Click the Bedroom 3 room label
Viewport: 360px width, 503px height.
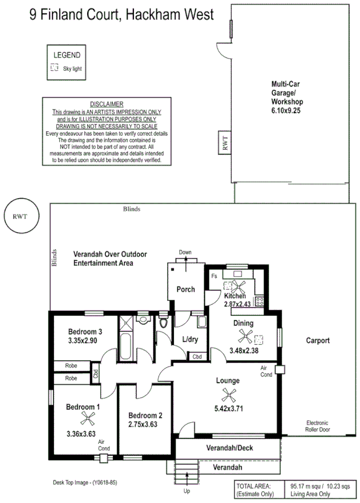[x=85, y=332]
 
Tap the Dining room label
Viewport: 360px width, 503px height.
[x=244, y=323]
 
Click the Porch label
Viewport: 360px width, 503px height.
[x=186, y=289]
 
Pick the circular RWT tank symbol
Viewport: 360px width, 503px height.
[x=19, y=215]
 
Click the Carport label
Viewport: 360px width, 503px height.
[x=318, y=340]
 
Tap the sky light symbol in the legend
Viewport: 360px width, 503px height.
[x=54, y=68]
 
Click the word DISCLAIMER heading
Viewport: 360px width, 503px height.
[x=107, y=104]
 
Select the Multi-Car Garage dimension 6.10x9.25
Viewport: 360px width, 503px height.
[x=286, y=110]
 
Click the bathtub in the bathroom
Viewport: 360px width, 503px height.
[x=126, y=341]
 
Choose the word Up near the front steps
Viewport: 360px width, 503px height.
[x=187, y=491]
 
